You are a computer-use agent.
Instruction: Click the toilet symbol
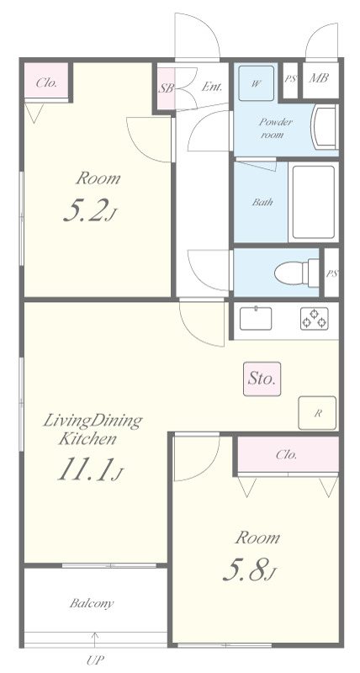coord(297,273)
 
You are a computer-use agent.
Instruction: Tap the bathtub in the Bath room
coord(314,201)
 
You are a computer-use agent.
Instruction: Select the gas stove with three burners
coord(315,319)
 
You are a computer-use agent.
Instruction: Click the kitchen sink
coord(256,319)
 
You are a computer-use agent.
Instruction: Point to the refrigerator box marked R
coord(317,413)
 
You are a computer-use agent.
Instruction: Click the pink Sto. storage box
coord(262,379)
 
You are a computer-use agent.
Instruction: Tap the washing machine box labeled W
coord(257,83)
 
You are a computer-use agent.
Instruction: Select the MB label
coord(319,78)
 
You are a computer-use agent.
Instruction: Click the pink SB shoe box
coord(166,88)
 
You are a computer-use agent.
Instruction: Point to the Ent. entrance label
coord(212,87)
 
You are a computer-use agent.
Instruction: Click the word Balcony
coord(92,603)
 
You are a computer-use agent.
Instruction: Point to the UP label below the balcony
coord(95,660)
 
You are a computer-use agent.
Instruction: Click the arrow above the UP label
coord(95,639)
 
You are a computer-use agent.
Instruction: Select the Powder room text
coord(275,129)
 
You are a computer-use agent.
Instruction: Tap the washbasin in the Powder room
coord(325,128)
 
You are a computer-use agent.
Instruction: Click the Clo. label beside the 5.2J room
coord(47,82)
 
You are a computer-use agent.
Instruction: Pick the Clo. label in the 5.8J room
coord(287,454)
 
